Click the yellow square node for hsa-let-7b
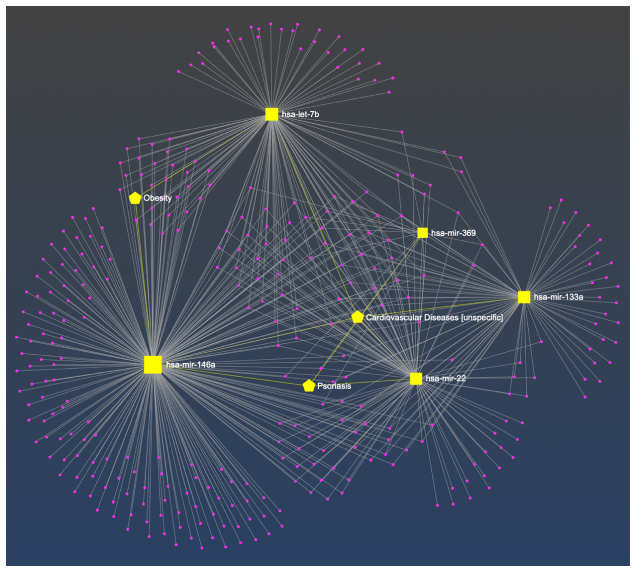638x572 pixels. pyautogui.click(x=272, y=114)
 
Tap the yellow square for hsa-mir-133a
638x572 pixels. pyautogui.click(x=524, y=297)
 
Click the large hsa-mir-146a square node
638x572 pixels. pyautogui.click(x=153, y=365)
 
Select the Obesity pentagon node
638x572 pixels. pyautogui.click(x=135, y=198)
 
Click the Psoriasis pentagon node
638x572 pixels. pyautogui.click(x=309, y=386)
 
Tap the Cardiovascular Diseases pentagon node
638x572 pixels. pyautogui.click(x=357, y=317)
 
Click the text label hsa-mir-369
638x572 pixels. pyautogui.click(x=453, y=233)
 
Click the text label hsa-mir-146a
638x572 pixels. pyautogui.click(x=191, y=365)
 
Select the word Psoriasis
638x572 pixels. pyautogui.click(x=334, y=386)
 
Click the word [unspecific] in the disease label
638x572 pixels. pyautogui.click(x=482, y=317)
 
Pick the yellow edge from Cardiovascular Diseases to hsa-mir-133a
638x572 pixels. pyautogui.click(x=440, y=307)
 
